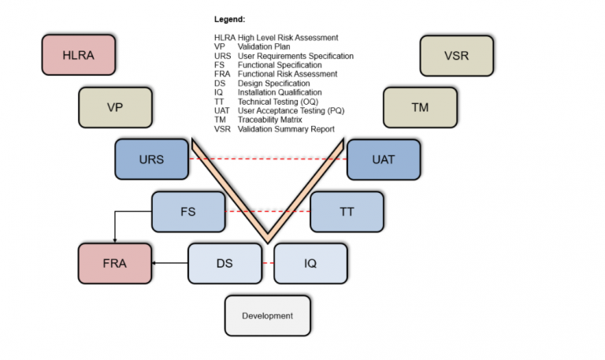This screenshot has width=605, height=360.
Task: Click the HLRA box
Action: (78, 54)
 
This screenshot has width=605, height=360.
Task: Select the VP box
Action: (115, 106)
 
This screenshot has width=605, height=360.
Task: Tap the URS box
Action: (151, 158)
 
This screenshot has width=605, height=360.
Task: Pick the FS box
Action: (187, 211)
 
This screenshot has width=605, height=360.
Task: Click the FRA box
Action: (114, 263)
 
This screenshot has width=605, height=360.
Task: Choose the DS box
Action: (225, 263)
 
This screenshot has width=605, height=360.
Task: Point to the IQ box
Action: (310, 263)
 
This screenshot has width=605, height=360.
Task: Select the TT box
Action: (347, 211)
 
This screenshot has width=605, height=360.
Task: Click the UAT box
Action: (383, 158)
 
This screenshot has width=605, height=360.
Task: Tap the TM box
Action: (420, 106)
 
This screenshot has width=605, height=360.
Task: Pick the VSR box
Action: (456, 55)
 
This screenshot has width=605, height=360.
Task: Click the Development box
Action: (267, 316)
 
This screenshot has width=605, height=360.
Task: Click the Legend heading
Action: (229, 18)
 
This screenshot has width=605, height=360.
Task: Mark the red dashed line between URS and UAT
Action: (268, 158)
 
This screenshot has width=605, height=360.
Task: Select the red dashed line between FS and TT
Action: (267, 211)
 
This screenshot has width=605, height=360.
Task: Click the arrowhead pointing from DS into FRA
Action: (154, 263)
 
